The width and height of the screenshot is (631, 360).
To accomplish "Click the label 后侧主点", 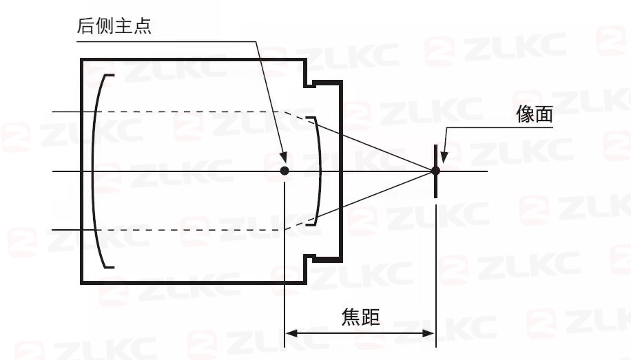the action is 114,26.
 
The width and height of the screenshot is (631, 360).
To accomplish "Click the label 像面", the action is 535,114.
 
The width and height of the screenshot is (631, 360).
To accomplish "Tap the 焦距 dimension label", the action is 360,317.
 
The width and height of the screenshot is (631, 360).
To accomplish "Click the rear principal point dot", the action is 285,171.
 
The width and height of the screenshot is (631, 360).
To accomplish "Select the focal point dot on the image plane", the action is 435,171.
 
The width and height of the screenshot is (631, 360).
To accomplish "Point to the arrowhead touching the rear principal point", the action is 283,157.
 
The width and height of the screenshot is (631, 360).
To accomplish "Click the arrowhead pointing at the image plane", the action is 444,156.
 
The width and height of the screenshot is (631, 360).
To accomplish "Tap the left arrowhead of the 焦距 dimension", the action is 291,333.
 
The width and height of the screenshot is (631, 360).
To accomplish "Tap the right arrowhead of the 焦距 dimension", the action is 428,333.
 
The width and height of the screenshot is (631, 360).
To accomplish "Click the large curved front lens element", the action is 94,171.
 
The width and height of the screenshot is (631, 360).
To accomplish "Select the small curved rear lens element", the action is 320,171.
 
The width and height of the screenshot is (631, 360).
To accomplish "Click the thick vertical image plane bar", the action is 435,171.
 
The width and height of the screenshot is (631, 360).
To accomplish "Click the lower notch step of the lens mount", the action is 309,258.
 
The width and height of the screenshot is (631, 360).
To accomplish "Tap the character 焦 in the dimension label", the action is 351,317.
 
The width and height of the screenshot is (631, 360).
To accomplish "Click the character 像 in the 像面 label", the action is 525,114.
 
